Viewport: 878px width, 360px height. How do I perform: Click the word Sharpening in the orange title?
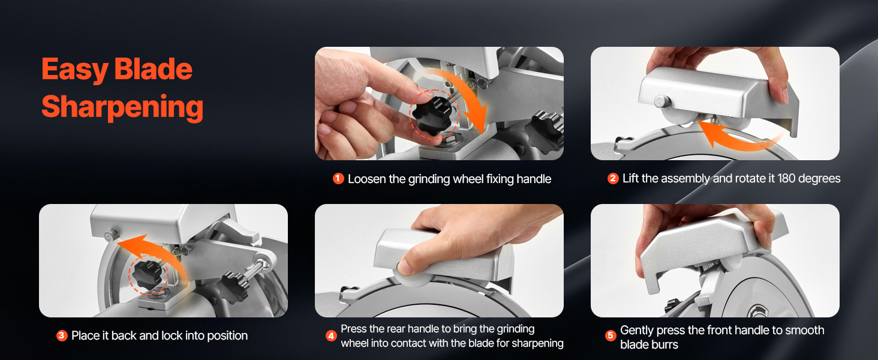(x=122, y=107)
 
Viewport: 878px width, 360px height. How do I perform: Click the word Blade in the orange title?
(x=154, y=70)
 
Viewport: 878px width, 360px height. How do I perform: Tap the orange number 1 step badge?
(x=338, y=178)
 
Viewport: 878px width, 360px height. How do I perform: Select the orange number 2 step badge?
(x=613, y=178)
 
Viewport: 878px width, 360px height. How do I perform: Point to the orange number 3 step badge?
(x=62, y=335)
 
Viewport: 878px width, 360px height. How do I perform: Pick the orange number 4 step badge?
(x=331, y=335)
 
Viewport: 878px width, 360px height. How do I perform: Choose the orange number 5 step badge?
(x=611, y=335)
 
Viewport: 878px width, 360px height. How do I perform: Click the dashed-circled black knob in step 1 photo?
(x=433, y=114)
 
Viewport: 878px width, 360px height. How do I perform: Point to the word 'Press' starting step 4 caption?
(x=354, y=329)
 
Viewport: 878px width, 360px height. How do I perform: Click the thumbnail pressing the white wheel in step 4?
(x=404, y=268)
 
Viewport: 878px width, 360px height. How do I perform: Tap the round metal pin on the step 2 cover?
(x=661, y=101)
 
